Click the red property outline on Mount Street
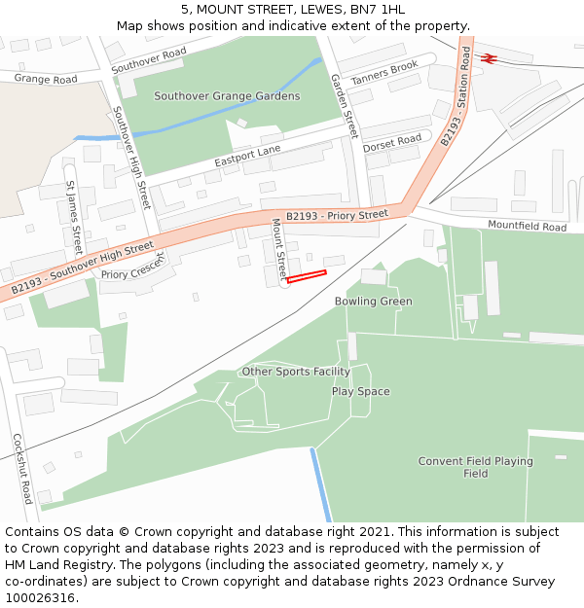pos(307,277)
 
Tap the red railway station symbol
pos(490,58)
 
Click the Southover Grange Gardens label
pos(227,96)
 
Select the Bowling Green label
pos(374,302)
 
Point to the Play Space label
pos(360,391)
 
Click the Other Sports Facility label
pos(296,372)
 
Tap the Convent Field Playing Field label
pos(475,467)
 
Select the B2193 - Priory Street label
pos(337,215)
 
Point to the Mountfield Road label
pos(527,227)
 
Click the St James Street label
pos(73,215)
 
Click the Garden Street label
pos(344,105)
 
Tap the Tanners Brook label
pos(383,72)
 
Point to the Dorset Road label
pos(392,140)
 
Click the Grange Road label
pos(46,79)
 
